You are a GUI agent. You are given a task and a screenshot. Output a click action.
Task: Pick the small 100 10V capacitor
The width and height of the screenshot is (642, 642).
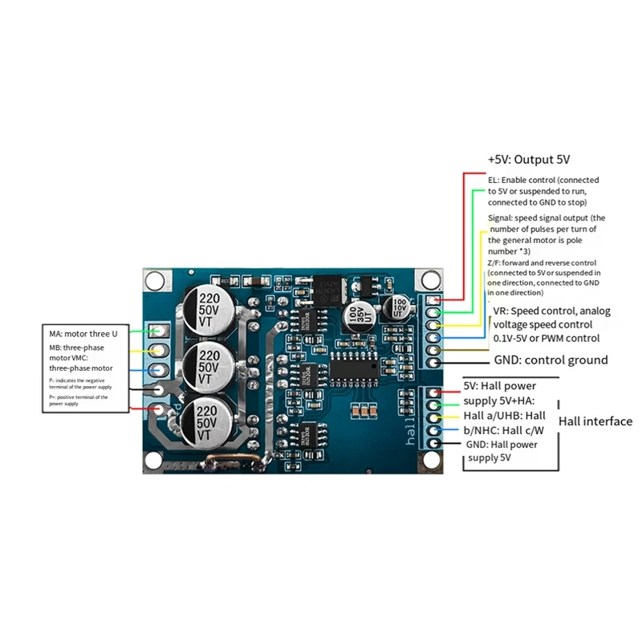click(x=399, y=309)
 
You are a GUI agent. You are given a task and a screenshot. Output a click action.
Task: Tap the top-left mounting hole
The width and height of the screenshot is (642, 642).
click(x=153, y=280)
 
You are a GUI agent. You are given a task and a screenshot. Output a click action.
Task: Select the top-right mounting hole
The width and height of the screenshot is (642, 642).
click(x=431, y=280)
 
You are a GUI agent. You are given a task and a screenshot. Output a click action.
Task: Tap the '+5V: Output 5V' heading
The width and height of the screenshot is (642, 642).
click(x=529, y=160)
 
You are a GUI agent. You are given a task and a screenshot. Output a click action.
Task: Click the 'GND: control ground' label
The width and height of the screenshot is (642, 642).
click(x=551, y=360)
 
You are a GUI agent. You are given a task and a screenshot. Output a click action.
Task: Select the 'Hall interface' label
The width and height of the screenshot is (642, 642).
click(x=595, y=421)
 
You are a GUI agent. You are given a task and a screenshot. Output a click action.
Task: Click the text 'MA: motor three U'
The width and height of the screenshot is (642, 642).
click(x=83, y=333)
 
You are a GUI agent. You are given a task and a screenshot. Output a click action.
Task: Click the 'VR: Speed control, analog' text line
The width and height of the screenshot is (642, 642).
click(x=551, y=311)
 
